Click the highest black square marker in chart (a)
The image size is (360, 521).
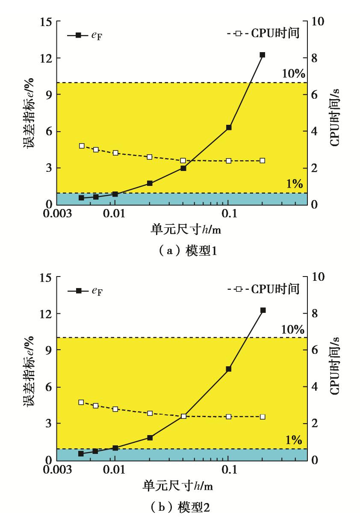[x=263, y=55]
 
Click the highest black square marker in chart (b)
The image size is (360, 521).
[x=263, y=310]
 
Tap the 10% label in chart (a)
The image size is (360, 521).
[x=292, y=74]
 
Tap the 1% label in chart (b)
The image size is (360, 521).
[x=295, y=440]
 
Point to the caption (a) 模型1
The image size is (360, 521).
[x=180, y=251]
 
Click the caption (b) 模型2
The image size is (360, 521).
[x=180, y=507]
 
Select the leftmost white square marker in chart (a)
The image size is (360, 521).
[x=82, y=146]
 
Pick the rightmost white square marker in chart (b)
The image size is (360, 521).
[x=263, y=417]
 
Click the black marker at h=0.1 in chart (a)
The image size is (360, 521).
[x=229, y=127]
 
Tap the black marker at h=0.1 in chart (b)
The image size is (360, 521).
[x=229, y=369]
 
